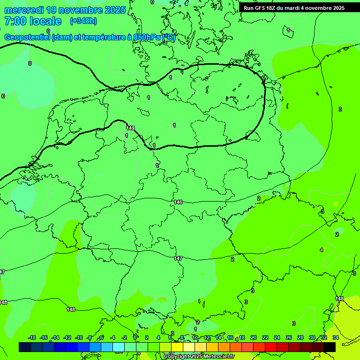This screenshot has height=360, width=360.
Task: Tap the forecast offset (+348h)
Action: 83,21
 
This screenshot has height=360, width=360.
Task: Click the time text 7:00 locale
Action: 33,21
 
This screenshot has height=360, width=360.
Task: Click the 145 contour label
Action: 130,128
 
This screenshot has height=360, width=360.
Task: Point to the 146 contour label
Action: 178,202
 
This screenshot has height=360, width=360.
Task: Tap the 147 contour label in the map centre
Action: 178,258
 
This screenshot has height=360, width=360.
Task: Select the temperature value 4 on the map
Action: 322,250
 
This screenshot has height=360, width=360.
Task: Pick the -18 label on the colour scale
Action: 32,337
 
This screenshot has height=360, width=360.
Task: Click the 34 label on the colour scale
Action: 336,337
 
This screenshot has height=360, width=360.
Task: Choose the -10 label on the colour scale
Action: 79,337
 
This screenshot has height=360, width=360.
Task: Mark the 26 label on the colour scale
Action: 289,337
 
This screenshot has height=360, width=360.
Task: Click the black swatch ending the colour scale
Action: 330,347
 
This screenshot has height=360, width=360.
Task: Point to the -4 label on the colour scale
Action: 112,337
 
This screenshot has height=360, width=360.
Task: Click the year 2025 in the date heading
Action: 114,10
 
